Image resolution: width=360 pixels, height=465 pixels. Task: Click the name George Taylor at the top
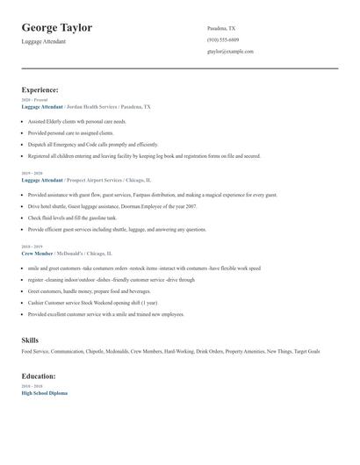coord(57,28)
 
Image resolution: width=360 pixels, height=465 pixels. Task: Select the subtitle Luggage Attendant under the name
coord(44,41)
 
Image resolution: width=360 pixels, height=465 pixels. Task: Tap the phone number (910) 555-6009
coord(223,39)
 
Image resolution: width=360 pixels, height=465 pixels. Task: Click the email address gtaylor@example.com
coord(230,52)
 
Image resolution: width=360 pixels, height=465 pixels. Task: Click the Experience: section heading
coord(40,89)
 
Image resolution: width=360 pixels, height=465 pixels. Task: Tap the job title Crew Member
coord(38,253)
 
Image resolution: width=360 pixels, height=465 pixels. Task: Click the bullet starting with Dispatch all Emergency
coord(93,145)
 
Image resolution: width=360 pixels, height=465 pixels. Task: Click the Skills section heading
coord(30,340)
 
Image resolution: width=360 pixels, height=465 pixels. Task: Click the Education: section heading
coord(39,376)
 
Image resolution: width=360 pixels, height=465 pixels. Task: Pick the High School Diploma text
coord(44,393)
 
